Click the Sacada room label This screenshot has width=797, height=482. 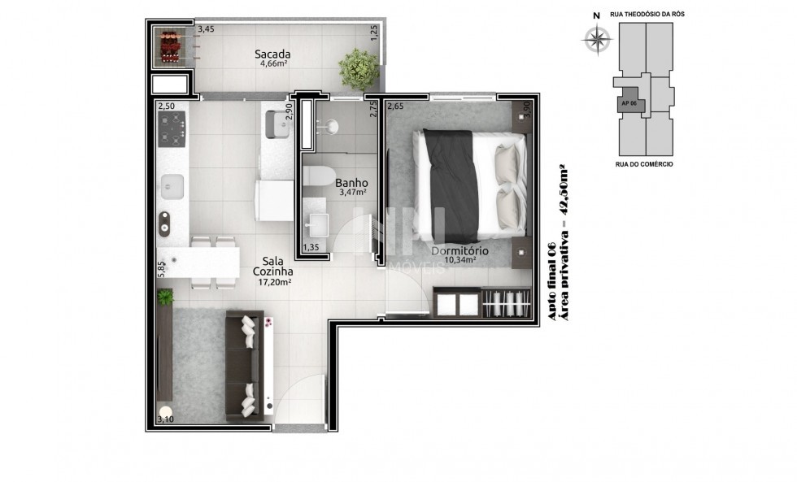(x=272, y=54)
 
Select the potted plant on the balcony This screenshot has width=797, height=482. (x=359, y=70)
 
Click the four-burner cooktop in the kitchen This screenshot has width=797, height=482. (x=172, y=129)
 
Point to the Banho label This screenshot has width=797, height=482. (x=351, y=183)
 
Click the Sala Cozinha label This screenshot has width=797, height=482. (x=273, y=267)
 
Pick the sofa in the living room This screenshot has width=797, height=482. (x=245, y=366)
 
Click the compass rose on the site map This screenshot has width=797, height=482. (x=597, y=38)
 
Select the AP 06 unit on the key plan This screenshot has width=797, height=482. (x=630, y=103)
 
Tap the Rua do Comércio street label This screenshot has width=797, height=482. (x=644, y=164)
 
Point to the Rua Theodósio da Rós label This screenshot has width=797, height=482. (x=647, y=14)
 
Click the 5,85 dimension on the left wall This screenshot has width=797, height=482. (x=161, y=269)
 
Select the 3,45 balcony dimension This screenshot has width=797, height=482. (x=206, y=29)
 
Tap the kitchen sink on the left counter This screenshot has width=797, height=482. (x=172, y=187)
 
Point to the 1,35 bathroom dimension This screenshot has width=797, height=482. (x=311, y=247)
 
